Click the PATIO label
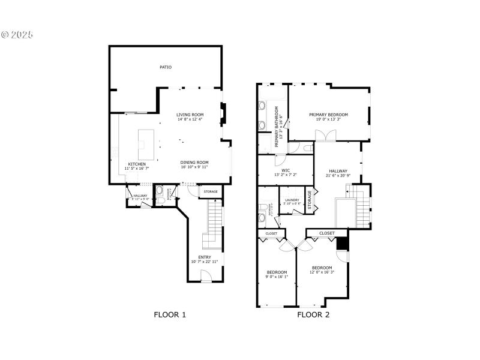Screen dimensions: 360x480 pos(166,67)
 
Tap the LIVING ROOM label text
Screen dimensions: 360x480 pos(190,115)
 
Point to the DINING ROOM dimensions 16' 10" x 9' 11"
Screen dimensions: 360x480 pos(194,167)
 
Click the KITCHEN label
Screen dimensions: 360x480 pos(137,164)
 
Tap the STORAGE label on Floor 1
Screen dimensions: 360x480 pos(211,192)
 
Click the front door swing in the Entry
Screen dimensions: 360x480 pos(205,276)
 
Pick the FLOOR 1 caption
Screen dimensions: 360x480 pos(170,314)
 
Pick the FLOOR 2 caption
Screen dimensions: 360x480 pos(314,314)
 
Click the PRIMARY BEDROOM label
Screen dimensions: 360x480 pos(328,115)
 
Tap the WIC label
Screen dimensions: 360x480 pos(286,170)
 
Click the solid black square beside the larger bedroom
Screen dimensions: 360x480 pos(341,244)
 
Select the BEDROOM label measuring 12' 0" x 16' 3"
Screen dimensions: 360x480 pos(322,268)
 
